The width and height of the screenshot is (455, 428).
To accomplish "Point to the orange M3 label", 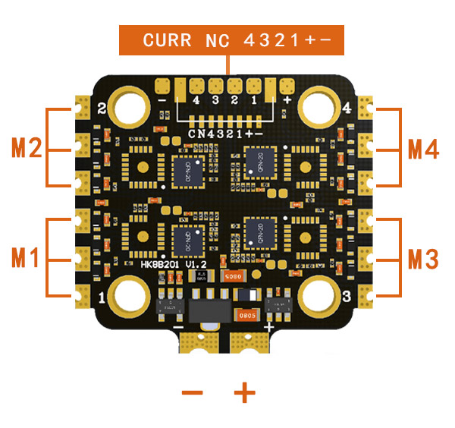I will tap(423, 259).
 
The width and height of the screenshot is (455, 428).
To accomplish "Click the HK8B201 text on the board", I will tap(162, 264).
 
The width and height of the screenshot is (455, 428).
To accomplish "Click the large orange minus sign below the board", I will tap(193, 392).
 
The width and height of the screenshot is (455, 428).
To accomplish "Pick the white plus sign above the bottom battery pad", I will tap(268, 327).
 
